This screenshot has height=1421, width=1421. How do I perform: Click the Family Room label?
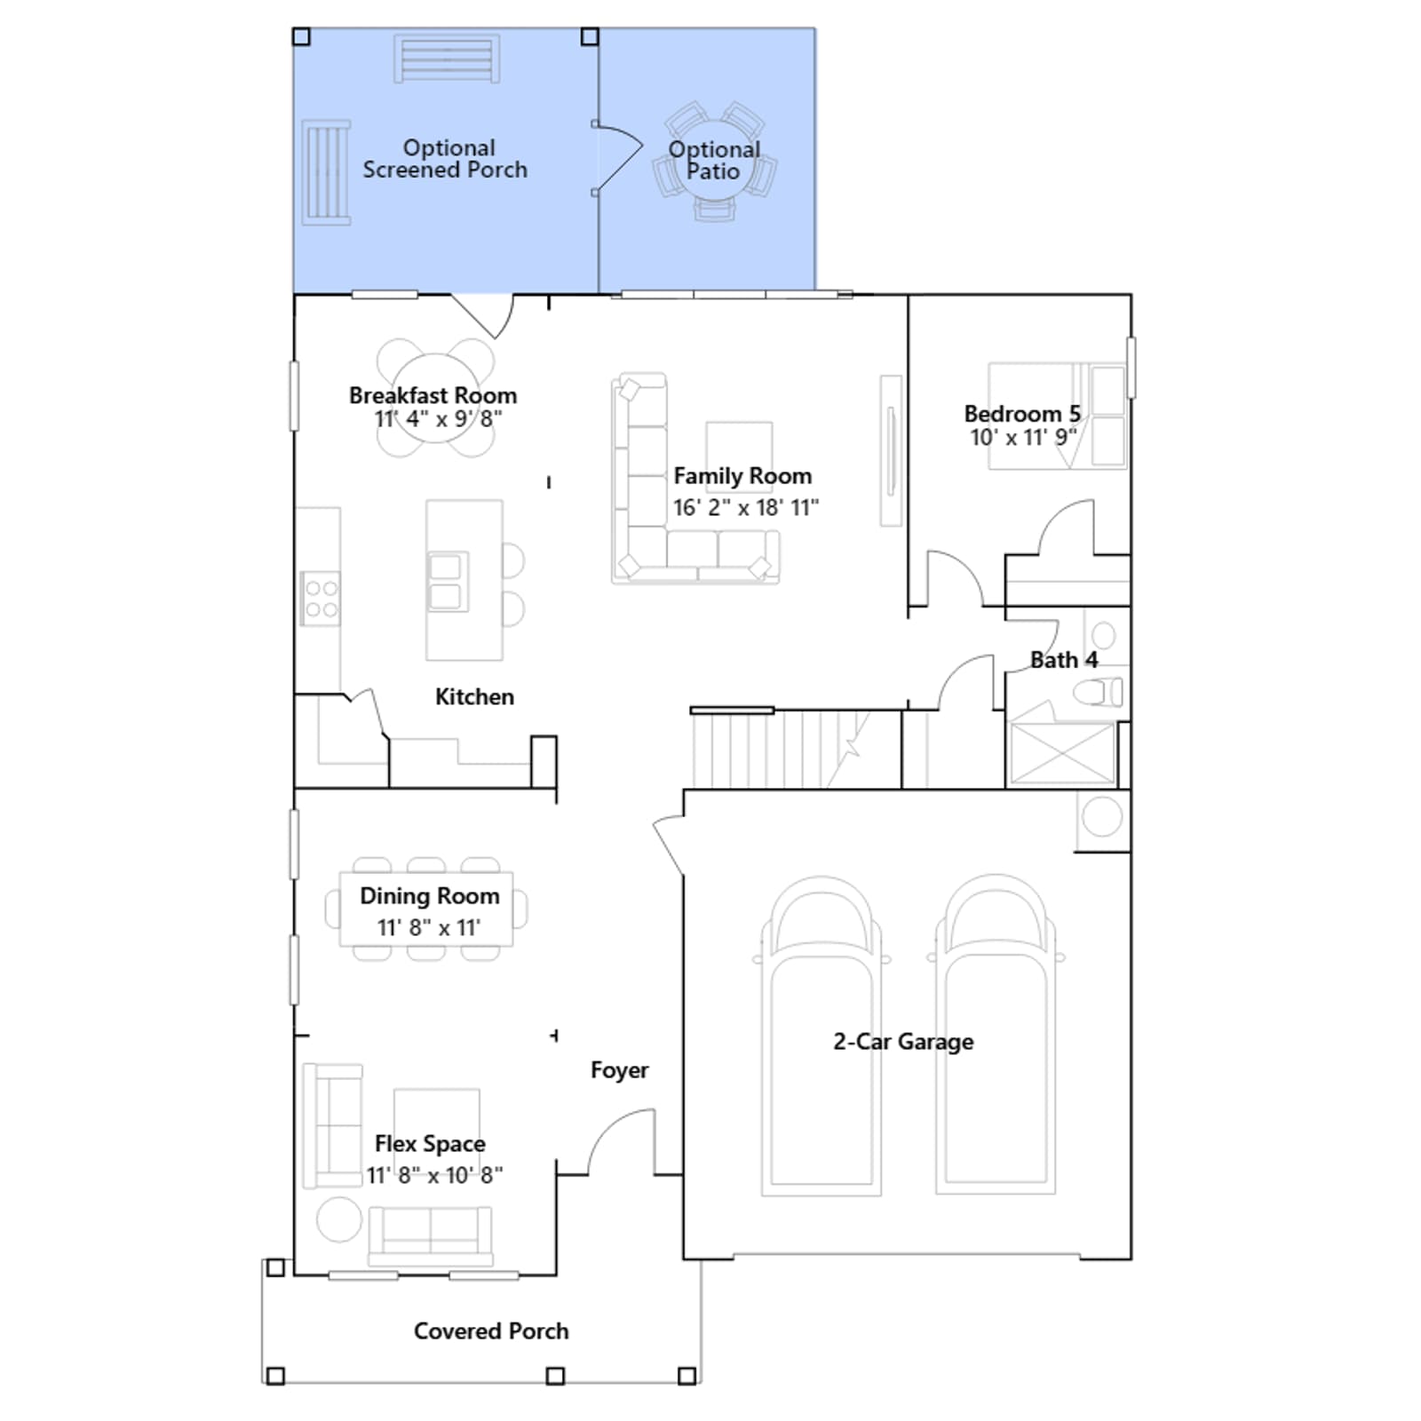[x=742, y=476]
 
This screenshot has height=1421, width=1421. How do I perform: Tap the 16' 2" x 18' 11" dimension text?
[x=746, y=508]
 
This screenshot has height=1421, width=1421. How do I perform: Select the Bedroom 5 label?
[x=1022, y=414]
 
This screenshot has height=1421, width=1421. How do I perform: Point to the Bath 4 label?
[x=1064, y=660]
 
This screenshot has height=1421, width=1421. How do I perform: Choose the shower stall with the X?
[x=1062, y=753]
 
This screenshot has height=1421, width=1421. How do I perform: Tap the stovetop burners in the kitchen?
[x=321, y=598]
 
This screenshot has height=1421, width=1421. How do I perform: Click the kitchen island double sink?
[x=446, y=582]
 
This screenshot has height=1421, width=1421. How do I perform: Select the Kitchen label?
[x=474, y=697]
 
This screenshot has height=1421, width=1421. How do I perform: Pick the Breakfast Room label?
[x=433, y=395]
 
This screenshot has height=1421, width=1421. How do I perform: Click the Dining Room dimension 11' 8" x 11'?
[x=429, y=928]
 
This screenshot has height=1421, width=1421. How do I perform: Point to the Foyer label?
[x=619, y=1070]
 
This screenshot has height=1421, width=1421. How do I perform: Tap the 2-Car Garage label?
[x=903, y=1042]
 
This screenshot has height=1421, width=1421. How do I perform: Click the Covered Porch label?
[x=491, y=1331]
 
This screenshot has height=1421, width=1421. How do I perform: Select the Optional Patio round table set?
[x=714, y=161]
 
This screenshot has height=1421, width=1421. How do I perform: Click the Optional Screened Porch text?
[x=445, y=159]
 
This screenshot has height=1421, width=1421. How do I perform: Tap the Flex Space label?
[x=430, y=1144]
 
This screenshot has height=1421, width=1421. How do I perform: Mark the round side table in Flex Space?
[x=339, y=1219]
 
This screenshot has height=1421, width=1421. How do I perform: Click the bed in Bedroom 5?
[x=1057, y=415]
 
